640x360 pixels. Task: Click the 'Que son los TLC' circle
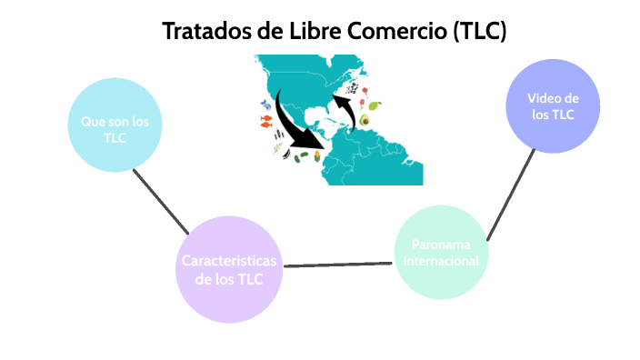pos(115,128)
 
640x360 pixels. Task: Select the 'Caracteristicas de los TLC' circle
pos(229,270)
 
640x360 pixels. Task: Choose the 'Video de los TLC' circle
pos(552,105)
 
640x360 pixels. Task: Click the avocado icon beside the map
pos(365,120)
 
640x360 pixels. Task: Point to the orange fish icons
pos(265,121)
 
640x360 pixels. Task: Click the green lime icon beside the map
pos(375,105)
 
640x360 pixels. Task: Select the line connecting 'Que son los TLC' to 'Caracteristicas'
pos(160,198)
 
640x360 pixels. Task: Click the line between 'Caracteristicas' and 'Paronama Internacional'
pos(338,263)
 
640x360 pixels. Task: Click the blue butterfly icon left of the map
pos(265,104)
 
